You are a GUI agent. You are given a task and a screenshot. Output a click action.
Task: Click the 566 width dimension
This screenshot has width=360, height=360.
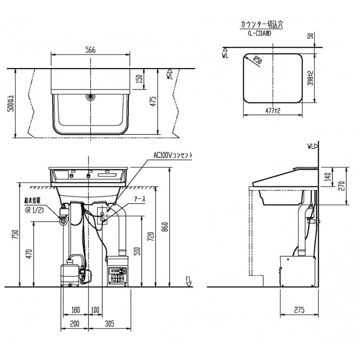pyautogui.click(x=90, y=50)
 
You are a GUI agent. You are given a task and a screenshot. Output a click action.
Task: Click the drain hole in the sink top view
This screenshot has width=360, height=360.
pyautogui.click(x=90, y=97)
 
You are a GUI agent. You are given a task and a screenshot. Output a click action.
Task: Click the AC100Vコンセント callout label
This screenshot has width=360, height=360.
pyautogui.click(x=173, y=155)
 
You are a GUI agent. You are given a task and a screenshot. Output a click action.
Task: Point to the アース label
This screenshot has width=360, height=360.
pyautogui.click(x=140, y=200)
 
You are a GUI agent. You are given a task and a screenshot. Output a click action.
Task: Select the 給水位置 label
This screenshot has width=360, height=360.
pyautogui.click(x=33, y=200)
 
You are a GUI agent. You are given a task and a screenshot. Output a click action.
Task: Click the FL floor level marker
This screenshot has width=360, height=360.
pyautogui.click(x=189, y=279)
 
